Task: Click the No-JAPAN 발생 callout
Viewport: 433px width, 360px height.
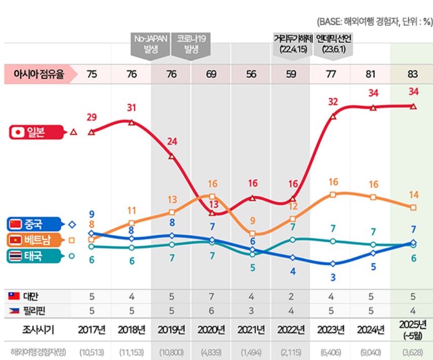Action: (150, 44)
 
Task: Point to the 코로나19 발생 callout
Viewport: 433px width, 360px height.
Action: (191, 44)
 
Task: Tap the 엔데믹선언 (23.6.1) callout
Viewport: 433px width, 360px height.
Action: (333, 44)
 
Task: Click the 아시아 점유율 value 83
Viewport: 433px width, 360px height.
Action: (412, 74)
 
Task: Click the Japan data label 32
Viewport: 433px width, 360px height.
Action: (333, 101)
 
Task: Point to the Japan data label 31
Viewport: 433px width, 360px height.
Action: (131, 108)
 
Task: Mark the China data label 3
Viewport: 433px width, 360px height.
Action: (333, 277)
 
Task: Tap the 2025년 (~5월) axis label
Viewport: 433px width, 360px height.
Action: (412, 330)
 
